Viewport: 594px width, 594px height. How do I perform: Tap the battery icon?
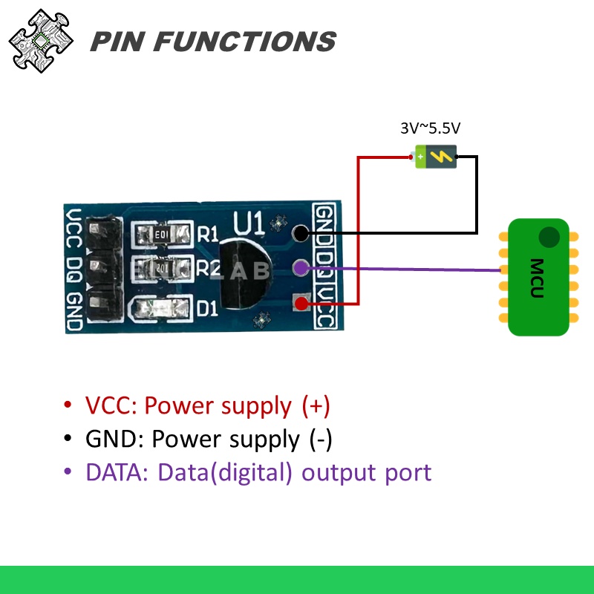(x=435, y=157)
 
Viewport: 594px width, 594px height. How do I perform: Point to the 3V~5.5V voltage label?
(x=435, y=128)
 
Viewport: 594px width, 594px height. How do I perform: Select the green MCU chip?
(x=539, y=277)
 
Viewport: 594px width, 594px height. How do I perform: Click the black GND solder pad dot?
(x=300, y=233)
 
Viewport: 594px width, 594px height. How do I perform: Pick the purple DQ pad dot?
(x=300, y=267)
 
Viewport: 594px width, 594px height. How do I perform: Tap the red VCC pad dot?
(x=300, y=302)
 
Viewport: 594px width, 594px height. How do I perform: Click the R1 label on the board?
(x=209, y=235)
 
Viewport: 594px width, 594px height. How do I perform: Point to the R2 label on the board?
(x=209, y=269)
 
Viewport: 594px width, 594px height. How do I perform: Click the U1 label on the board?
(x=247, y=222)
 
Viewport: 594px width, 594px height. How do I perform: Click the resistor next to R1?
(x=162, y=235)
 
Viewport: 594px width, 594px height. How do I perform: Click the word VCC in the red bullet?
(x=111, y=406)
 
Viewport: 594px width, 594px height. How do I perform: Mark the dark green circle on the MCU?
(x=549, y=238)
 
